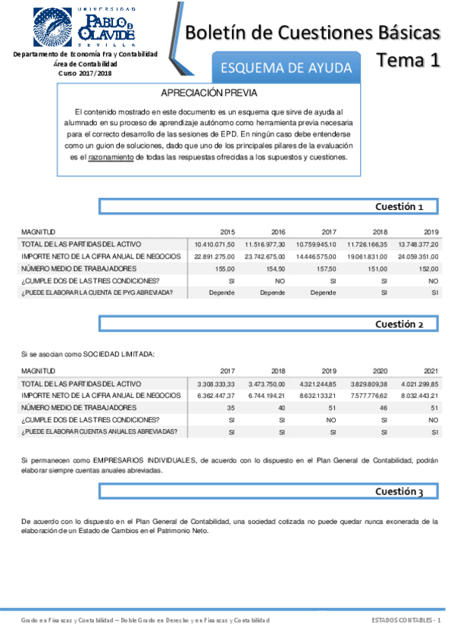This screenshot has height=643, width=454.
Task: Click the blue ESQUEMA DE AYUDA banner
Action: coord(286,68)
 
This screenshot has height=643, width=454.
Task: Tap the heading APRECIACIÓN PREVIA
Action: coord(210,93)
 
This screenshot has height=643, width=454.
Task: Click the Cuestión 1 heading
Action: coord(404,206)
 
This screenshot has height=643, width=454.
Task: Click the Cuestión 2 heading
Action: coord(404,324)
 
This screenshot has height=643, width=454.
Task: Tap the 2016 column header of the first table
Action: coord(277,231)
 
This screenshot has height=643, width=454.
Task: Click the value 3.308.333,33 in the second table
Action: coord(215,384)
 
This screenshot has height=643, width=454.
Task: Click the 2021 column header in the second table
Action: coord(431,371)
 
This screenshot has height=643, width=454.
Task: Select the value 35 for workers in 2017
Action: coord(230,408)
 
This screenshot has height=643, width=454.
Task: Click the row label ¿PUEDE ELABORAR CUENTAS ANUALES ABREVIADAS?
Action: coord(99,431)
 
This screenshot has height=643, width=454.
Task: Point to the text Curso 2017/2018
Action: coord(85,74)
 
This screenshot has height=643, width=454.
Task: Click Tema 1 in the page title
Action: coord(409,61)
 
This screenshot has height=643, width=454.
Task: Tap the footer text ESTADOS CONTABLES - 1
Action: coord(405,621)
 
